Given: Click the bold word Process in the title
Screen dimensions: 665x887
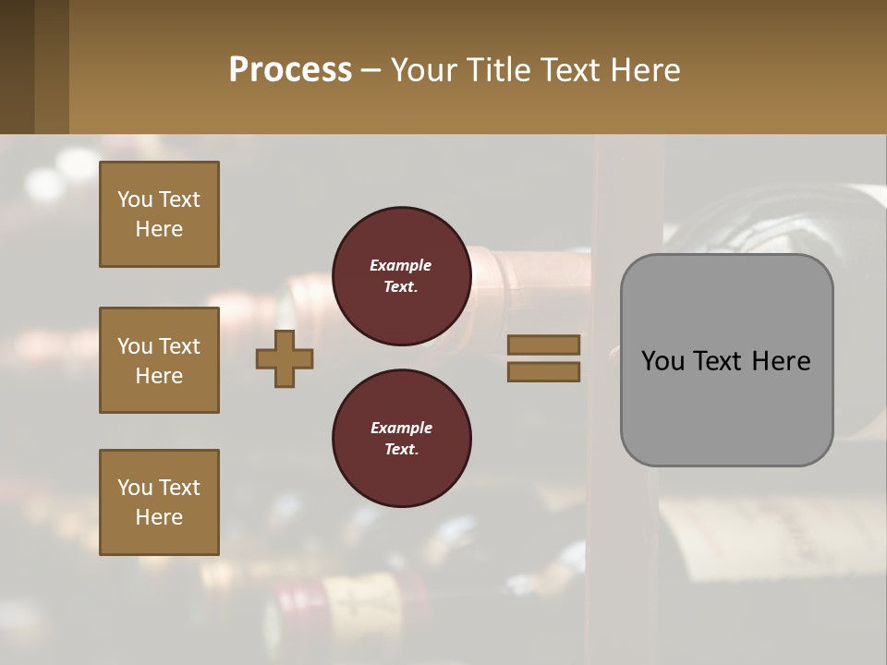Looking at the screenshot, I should pos(290,70).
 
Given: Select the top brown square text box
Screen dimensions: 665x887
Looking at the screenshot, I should pos(159,214).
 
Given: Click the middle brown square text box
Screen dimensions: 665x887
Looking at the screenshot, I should pos(159,360).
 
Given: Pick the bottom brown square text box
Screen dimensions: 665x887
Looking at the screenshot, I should pos(159,502).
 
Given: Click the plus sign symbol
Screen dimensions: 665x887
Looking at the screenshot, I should pos(285,358).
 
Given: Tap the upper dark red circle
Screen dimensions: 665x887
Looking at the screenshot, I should pos(401,276).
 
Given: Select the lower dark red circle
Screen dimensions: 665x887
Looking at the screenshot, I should pos(401,439).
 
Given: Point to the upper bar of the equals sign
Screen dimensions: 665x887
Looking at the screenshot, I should pos(543,345).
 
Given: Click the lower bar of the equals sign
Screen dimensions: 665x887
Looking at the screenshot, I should pos(543,372).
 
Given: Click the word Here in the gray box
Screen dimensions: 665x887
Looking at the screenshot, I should pos(781,360).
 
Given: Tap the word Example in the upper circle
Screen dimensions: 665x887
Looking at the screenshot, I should pos(401,265).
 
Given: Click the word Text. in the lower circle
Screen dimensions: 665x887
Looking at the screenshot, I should pos(401,450).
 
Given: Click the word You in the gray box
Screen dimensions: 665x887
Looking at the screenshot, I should pos(662,360).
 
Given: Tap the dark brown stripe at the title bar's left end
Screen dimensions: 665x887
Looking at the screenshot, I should pos(17,66).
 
